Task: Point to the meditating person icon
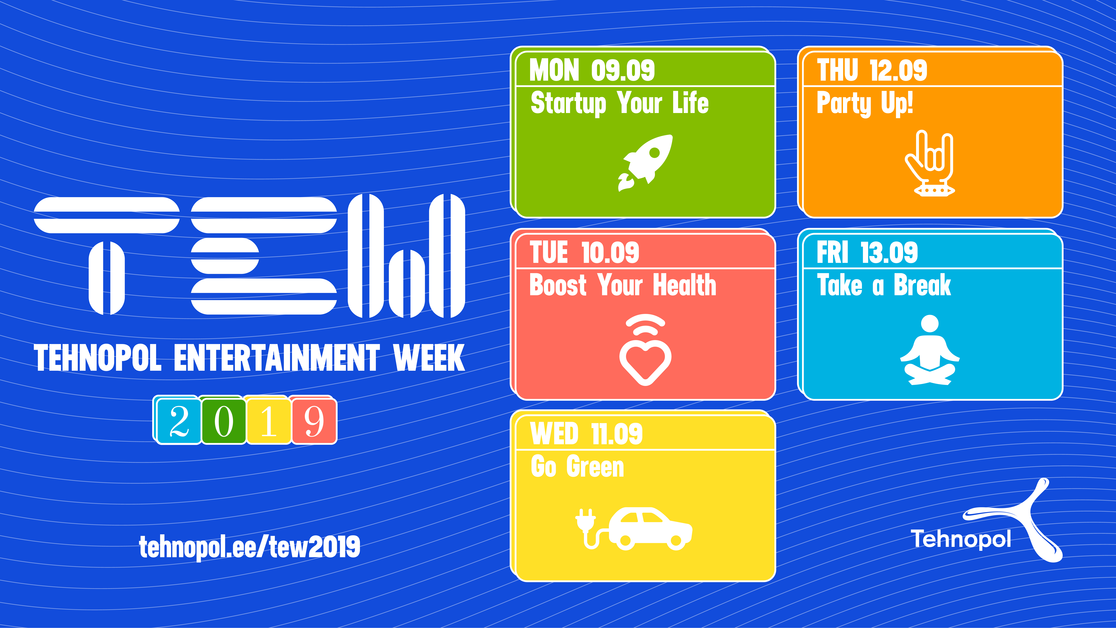tap(930, 349)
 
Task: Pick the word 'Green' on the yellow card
tap(595, 467)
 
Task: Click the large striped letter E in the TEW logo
tap(264, 256)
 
